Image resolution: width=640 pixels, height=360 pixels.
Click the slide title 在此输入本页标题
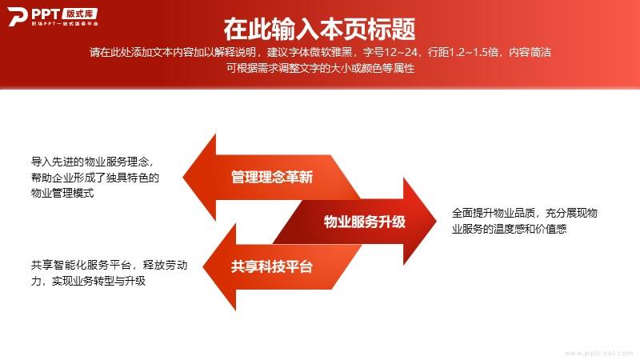click(x=319, y=29)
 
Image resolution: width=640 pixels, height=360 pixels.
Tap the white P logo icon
click(x=17, y=17)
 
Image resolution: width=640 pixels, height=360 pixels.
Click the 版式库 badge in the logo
click(x=80, y=14)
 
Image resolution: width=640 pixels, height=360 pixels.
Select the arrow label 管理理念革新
click(x=272, y=177)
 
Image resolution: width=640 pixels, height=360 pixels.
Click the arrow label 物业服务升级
click(x=365, y=222)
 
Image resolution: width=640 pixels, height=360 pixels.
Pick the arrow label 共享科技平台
click(x=272, y=266)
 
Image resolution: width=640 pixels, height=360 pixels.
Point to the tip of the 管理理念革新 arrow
click(x=183, y=177)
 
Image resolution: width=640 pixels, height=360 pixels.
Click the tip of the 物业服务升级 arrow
click(x=436, y=222)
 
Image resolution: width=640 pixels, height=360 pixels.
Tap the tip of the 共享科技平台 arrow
click(x=203, y=266)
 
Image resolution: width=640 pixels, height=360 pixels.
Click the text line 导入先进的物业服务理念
click(x=92, y=162)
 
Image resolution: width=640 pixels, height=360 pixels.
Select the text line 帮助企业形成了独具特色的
click(x=95, y=178)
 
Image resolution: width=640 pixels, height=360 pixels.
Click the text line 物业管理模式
click(x=62, y=193)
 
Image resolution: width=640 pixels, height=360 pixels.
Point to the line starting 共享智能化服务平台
click(x=110, y=266)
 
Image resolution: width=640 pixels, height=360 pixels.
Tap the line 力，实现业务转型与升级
click(x=88, y=281)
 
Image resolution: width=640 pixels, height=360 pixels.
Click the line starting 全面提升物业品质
click(x=525, y=213)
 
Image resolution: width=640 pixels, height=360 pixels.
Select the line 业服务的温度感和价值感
click(x=509, y=229)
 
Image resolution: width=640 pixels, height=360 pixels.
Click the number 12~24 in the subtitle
click(x=401, y=52)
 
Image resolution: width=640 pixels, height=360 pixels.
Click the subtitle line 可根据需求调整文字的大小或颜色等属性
click(x=321, y=68)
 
